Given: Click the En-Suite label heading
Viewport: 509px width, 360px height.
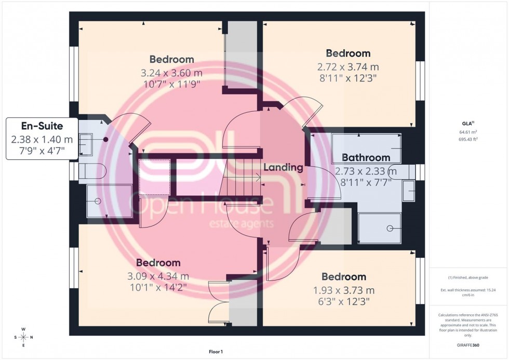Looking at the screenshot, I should [41, 126].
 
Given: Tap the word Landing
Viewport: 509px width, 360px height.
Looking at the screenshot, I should [283, 167].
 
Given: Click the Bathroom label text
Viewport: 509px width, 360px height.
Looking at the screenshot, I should [366, 157].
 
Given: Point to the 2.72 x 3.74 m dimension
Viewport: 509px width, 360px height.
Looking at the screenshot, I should [348, 66].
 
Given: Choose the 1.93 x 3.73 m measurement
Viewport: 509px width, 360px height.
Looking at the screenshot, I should [343, 290].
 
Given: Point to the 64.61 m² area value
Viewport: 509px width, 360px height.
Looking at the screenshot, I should [468, 132].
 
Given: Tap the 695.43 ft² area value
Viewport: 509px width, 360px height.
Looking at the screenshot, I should [468, 139].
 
